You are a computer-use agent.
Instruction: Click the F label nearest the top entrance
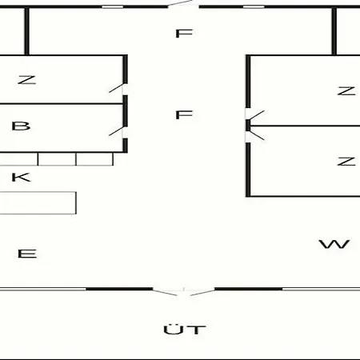click(184, 34)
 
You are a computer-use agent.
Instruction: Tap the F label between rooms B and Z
click(184, 114)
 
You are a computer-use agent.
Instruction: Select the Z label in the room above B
click(26, 80)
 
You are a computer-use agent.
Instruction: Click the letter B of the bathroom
click(21, 126)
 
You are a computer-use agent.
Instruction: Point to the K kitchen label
click(21, 178)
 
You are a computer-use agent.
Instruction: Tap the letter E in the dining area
click(27, 254)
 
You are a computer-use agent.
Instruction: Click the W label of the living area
click(334, 244)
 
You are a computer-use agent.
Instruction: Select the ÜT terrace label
click(185, 329)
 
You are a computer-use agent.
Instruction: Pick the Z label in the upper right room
click(346, 90)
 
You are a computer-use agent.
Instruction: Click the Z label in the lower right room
click(346, 162)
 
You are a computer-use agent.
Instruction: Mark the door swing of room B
click(117, 130)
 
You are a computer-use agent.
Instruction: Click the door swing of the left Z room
click(117, 88)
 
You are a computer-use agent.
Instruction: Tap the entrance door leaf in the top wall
click(181, 3)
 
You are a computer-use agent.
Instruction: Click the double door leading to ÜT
click(184, 292)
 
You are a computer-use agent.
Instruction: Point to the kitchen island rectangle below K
click(38, 203)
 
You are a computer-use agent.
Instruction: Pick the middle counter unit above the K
click(57, 159)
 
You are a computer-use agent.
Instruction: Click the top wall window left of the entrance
click(113, 6)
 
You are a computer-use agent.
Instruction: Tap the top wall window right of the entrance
click(254, 6)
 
